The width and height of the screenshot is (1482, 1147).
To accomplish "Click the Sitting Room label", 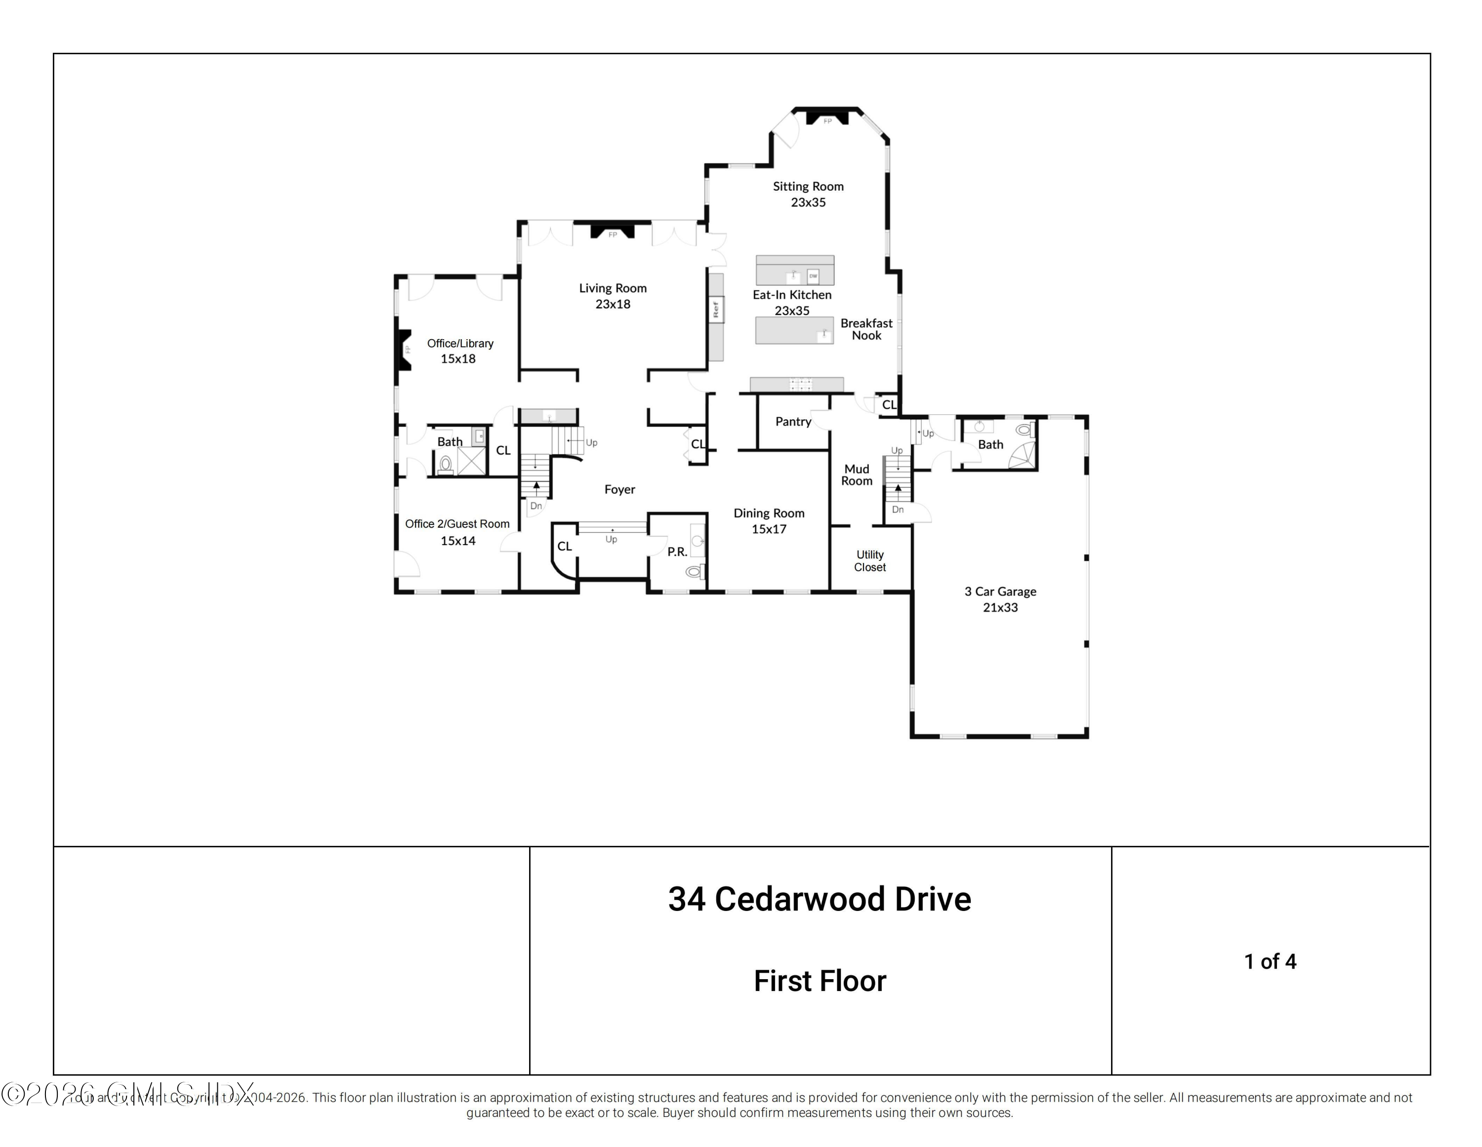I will click(808, 194).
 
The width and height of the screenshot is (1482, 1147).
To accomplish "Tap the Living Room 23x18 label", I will click(613, 296).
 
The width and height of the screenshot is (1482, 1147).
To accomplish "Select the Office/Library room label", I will click(459, 351).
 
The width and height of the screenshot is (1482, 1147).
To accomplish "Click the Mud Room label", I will click(857, 475).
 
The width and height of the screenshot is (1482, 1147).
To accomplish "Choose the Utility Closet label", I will click(869, 561).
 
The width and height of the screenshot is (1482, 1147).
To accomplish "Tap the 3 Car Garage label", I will click(1000, 599).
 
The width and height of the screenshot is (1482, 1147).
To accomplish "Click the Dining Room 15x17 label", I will click(769, 521).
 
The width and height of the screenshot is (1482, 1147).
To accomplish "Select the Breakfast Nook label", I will click(866, 329).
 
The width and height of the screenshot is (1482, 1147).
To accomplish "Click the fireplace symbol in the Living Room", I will click(612, 231).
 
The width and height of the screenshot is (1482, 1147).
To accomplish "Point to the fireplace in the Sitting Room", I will click(827, 118).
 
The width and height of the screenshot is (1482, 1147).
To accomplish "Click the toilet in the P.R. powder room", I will click(694, 572).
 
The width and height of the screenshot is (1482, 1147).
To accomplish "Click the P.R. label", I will click(677, 552).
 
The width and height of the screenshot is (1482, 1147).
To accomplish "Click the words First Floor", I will click(820, 981).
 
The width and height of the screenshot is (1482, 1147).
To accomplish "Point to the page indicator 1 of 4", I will click(1270, 961).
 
